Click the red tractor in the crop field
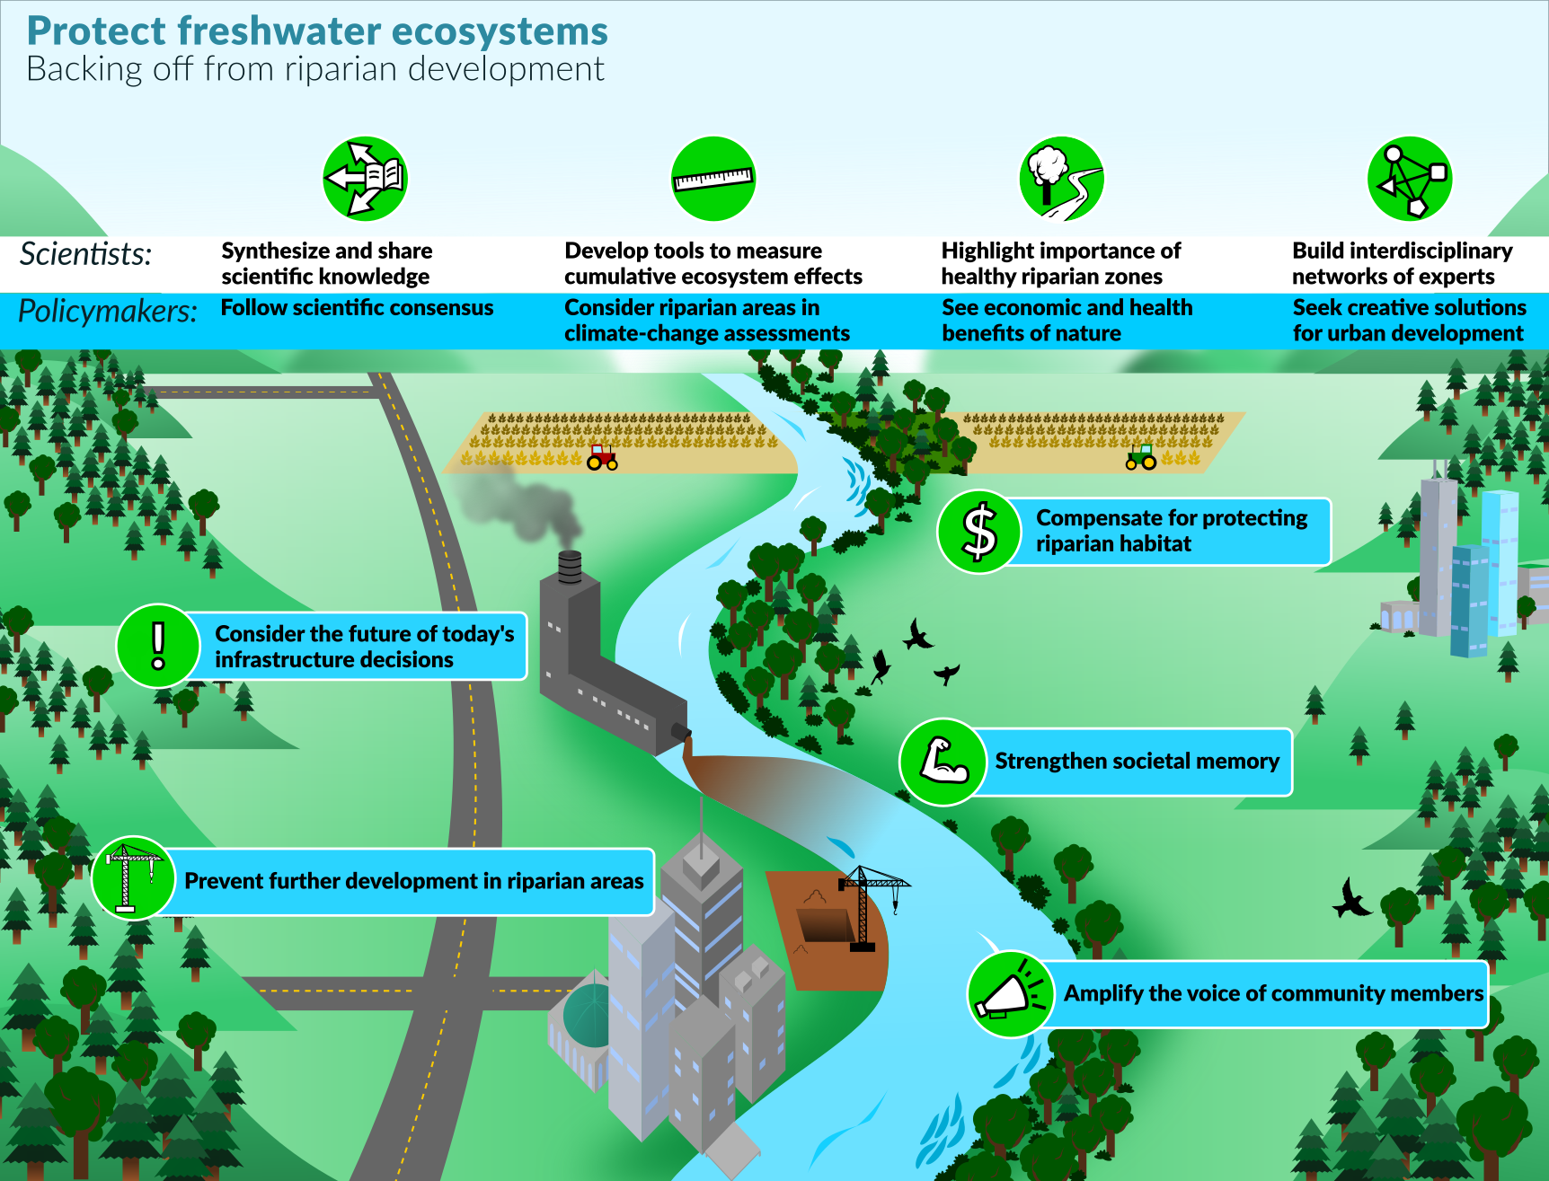(602, 457)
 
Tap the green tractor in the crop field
(1141, 457)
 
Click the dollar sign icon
(979, 532)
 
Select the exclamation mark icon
(158, 646)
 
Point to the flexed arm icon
(943, 762)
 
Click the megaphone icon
(1009, 994)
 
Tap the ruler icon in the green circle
(713, 179)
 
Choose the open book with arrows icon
(366, 179)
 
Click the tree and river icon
(1061, 179)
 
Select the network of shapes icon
(1410, 179)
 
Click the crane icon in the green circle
(133, 877)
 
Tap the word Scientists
(86, 254)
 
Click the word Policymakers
(108, 312)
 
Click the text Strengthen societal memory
(1137, 762)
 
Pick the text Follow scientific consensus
(357, 308)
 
